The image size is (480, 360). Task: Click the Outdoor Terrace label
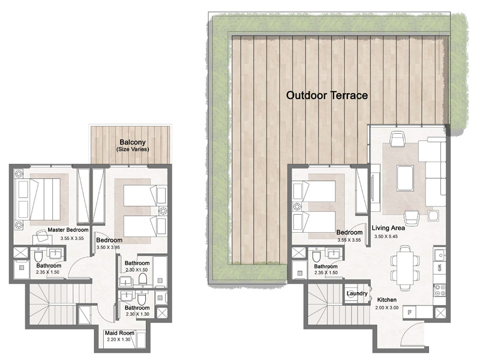click(326, 95)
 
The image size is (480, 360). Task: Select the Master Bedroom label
click(68, 230)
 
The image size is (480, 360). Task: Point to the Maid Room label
click(119, 333)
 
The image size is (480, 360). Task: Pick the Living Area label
click(388, 228)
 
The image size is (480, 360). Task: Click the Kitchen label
click(387, 299)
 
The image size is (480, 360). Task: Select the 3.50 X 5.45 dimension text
click(388, 236)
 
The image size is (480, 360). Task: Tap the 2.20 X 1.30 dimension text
click(119, 340)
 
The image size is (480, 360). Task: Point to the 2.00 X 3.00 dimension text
click(387, 308)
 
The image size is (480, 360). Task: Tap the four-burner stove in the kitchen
click(440, 290)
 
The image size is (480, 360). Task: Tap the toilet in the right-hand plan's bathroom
click(316, 256)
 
